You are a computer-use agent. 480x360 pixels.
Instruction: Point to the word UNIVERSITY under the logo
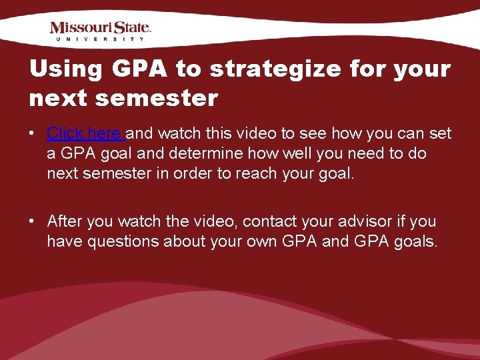tap(101, 39)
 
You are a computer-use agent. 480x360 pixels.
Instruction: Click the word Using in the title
tap(65, 69)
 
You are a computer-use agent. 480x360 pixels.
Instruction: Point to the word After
tap(69, 221)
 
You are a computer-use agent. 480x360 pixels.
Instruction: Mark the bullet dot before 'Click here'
tap(32, 133)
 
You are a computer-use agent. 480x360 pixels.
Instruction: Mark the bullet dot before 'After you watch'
tap(32, 221)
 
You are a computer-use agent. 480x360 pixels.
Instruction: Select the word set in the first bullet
tap(441, 133)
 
